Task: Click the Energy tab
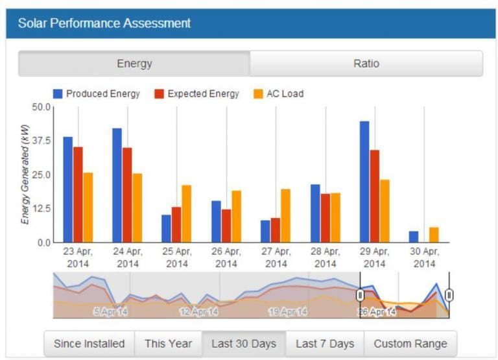point(134,64)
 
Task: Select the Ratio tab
point(366,64)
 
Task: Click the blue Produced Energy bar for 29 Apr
point(364,182)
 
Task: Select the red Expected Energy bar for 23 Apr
point(78,195)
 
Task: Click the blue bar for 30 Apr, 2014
point(414,237)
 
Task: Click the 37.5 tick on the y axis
point(40,141)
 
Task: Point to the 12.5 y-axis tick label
point(40,209)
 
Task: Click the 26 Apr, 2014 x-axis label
point(226,258)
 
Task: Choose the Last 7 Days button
point(325,344)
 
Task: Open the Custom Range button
point(410,344)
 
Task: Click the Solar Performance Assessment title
point(104,23)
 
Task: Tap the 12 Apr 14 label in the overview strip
point(198,312)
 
